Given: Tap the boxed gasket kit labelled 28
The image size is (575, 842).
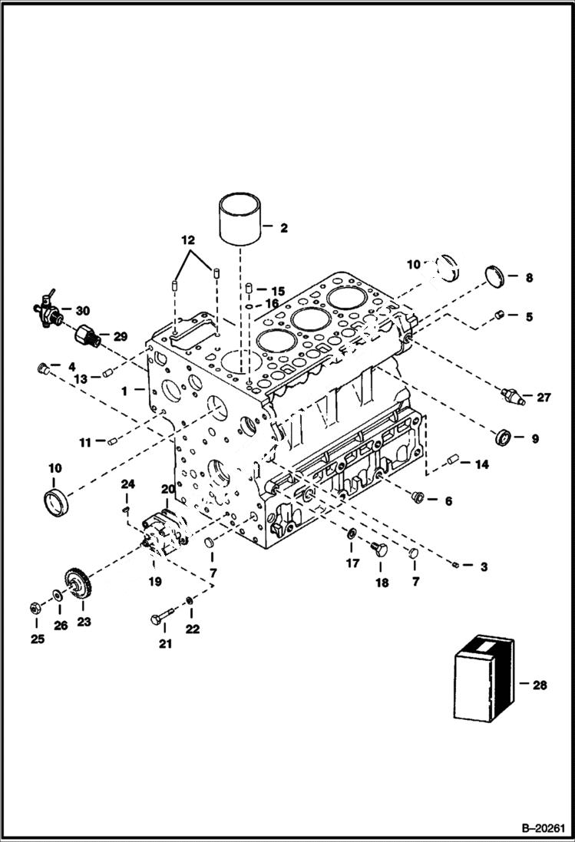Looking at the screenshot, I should click(481, 681).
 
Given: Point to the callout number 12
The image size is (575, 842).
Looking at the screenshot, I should click(188, 240).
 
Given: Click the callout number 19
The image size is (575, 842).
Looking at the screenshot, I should click(155, 582).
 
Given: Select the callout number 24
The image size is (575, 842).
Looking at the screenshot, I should click(128, 484).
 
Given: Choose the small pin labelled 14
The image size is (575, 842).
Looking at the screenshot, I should click(452, 460).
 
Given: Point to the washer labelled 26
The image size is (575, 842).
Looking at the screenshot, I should click(58, 595).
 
